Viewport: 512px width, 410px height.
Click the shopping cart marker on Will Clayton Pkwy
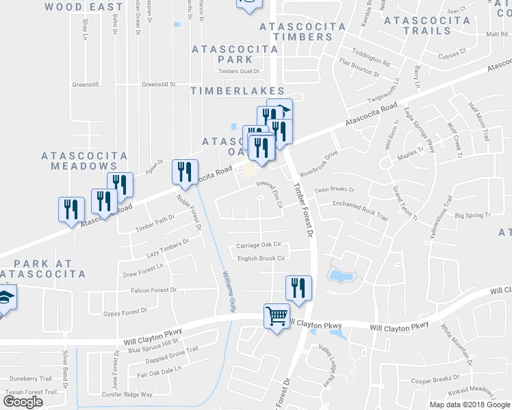(277, 316)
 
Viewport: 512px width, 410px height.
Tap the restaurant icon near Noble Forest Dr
(185, 172)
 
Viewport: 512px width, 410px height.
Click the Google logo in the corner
(23, 402)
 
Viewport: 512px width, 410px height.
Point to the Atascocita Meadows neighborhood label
(84, 161)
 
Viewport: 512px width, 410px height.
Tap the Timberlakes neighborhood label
(238, 91)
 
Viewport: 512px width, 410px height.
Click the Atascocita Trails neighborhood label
(427, 25)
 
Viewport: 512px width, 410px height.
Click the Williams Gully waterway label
(229, 292)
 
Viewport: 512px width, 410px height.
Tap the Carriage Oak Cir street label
(259, 245)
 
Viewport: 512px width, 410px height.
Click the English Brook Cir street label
(260, 258)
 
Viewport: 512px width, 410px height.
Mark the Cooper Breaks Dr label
(435, 379)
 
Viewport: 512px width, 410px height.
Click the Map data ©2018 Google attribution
(470, 404)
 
